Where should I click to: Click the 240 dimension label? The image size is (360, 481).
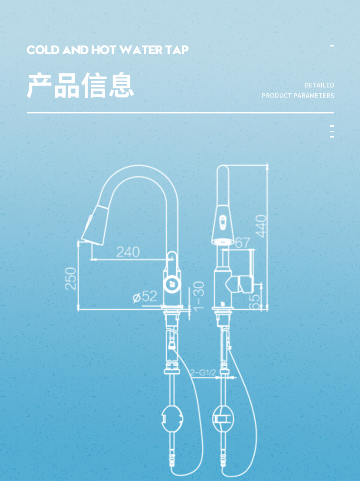pyautogui.click(x=128, y=252)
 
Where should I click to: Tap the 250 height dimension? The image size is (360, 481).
pyautogui.click(x=71, y=278)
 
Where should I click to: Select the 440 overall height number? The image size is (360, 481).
pyautogui.click(x=261, y=226)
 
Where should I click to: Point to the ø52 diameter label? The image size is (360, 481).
pyautogui.click(x=144, y=297)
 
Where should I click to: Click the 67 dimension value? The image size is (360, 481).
pyautogui.click(x=242, y=243)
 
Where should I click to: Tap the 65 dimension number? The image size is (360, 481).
pyautogui.click(x=255, y=302)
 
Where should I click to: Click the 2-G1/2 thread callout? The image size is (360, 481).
pyautogui.click(x=203, y=373)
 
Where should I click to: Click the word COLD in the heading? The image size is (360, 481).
pyautogui.click(x=43, y=50)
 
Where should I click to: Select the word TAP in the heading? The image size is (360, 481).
pyautogui.click(x=177, y=50)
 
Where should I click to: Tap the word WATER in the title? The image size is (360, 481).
pyautogui.click(x=141, y=50)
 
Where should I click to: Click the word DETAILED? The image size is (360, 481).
pyautogui.click(x=319, y=85)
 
